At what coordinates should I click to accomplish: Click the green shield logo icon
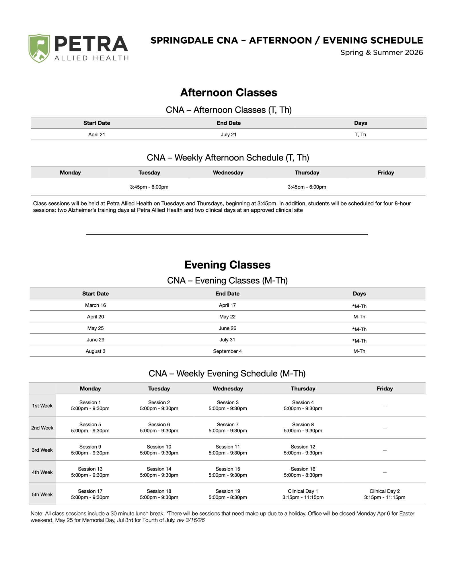pos(39,48)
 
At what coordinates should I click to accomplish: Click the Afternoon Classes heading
pos(229,92)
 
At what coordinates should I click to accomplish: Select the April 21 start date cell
pos(97,134)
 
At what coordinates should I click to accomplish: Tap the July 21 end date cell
pos(229,134)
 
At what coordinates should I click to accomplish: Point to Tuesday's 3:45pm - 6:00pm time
pos(149,187)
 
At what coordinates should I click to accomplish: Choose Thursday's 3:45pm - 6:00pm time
pos(307,187)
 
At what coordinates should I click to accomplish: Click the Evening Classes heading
pos(227,265)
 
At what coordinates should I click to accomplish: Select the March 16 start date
pos(96,305)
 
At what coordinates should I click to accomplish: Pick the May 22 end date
pos(227,317)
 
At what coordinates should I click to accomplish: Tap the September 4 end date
pos(227,351)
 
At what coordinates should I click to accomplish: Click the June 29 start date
pos(96,340)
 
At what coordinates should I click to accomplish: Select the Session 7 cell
pos(228,428)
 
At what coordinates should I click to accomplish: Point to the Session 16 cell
pos(303,472)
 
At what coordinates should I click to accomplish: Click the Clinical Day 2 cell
pos(385,494)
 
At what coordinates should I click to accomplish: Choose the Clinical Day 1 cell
pos(303,494)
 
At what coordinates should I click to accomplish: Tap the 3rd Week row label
pos(42,450)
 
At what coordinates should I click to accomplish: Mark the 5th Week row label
pos(42,494)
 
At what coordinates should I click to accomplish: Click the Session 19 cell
pos(228,494)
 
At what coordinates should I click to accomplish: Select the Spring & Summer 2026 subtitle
pos(381,53)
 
